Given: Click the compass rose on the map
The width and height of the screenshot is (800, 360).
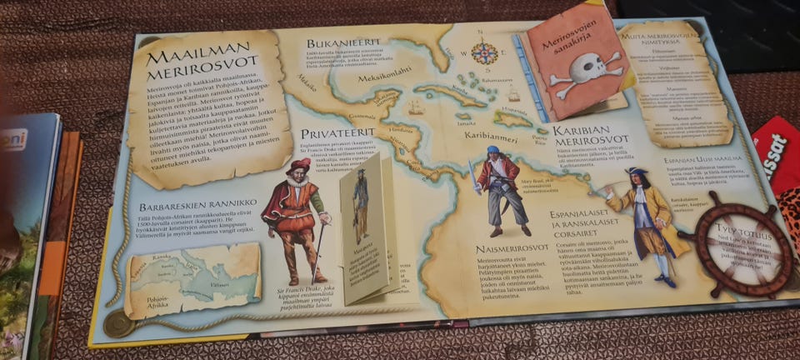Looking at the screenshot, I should [483, 52].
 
